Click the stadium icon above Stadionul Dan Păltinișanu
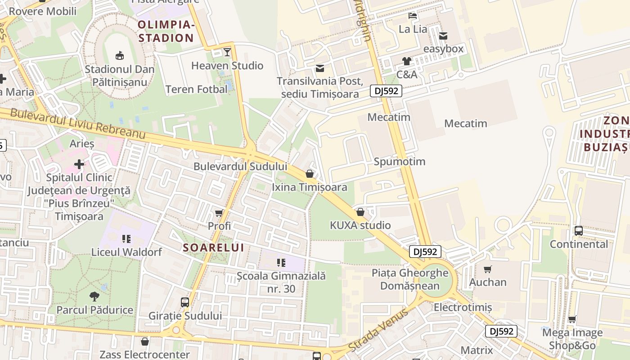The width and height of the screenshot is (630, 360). click(x=120, y=56)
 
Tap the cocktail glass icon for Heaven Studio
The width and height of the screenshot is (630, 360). click(x=227, y=52)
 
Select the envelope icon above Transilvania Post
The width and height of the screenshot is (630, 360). click(x=320, y=68)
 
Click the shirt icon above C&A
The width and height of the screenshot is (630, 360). click(x=407, y=61)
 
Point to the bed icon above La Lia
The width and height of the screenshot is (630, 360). click(x=413, y=16)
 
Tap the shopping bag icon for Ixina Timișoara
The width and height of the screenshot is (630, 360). click(x=310, y=174)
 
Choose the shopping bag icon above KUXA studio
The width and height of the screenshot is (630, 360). click(x=360, y=212)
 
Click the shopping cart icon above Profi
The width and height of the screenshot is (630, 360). click(x=219, y=213)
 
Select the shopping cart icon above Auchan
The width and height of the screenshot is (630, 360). click(x=488, y=269)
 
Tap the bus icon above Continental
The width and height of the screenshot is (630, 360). click(x=579, y=231)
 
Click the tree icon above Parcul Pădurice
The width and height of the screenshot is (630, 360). click(x=94, y=297)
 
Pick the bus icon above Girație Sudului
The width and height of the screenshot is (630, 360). click(x=185, y=302)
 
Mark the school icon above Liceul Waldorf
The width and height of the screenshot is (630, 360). click(x=126, y=238)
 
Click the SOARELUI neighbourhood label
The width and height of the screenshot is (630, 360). click(x=214, y=247)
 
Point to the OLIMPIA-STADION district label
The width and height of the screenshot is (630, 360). click(x=166, y=31)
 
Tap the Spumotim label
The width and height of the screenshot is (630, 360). click(x=400, y=162)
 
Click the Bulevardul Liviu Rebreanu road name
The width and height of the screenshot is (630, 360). click(x=78, y=123)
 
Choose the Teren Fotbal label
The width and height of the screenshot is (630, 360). click(x=197, y=90)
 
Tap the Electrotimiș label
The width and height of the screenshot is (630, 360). click(x=463, y=307)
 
